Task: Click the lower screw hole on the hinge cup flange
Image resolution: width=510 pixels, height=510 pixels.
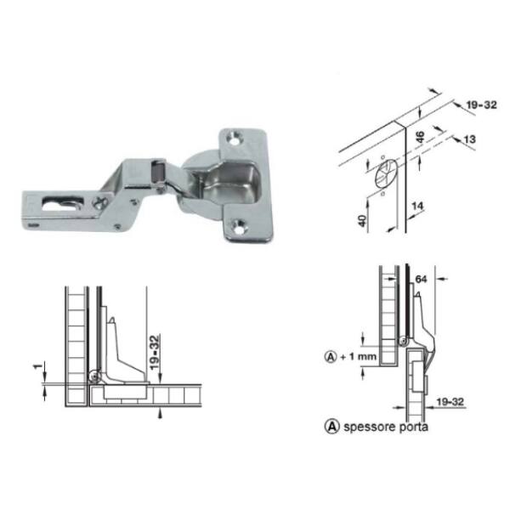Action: click(240, 226)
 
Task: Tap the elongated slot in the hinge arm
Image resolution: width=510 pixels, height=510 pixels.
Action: click(62, 203)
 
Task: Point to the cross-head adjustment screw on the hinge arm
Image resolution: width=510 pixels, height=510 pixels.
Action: click(99, 202)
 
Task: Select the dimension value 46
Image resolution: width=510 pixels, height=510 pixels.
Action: click(420, 137)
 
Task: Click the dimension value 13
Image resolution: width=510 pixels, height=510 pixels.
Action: click(469, 139)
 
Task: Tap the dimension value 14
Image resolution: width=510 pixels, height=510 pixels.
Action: click(417, 207)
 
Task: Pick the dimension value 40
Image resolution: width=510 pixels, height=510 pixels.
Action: click(362, 221)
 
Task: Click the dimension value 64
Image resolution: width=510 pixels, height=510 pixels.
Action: click(421, 280)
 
